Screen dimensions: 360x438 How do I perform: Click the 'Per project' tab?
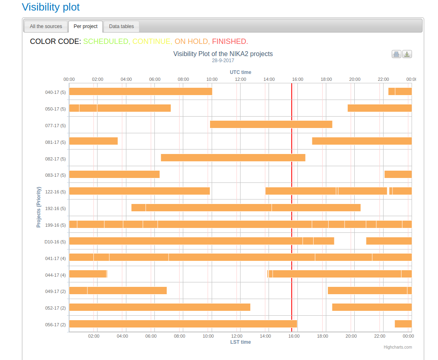point(85,26)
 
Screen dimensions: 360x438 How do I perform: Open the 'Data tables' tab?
point(121,26)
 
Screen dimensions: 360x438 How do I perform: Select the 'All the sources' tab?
point(46,26)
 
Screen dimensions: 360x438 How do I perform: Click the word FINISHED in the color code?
point(230,41)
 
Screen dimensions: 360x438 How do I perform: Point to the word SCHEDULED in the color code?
point(106,41)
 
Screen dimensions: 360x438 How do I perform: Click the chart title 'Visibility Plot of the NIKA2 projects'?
point(223,54)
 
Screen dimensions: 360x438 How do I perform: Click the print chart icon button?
point(396,54)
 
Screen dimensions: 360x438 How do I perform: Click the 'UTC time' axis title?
point(241,72)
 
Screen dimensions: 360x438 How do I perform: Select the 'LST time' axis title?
point(241,342)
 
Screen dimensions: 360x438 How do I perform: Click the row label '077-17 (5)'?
point(55,126)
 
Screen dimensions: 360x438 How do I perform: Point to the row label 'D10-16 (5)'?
point(55,242)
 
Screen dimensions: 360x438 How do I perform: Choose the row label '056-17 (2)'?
point(55,325)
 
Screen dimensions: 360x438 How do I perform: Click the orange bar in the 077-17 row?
point(271,124)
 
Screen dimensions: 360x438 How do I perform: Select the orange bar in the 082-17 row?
point(233,158)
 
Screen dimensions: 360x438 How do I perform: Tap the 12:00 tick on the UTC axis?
point(241,79)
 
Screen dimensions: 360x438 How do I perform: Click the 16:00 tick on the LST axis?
point(294,336)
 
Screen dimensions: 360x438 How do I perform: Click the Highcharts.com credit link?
point(398,347)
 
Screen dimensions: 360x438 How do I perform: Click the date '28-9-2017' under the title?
point(223,61)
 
